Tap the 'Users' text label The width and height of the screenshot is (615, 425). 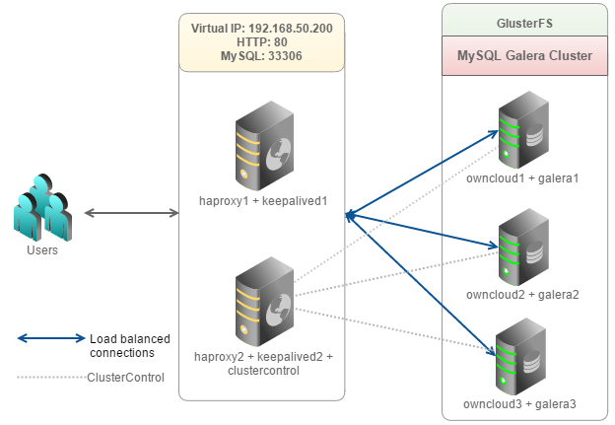[41, 250]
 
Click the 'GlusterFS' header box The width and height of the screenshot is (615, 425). [523, 20]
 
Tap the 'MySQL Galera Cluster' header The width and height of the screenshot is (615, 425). [523, 56]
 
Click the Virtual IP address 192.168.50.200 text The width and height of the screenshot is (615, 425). [261, 29]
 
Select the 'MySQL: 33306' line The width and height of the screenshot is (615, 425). [261, 56]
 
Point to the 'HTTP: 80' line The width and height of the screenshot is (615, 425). [261, 42]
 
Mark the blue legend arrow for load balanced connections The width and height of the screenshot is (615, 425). [51, 339]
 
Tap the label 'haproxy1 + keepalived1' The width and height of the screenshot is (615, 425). [262, 201]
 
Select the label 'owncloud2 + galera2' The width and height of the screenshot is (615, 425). [522, 294]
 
